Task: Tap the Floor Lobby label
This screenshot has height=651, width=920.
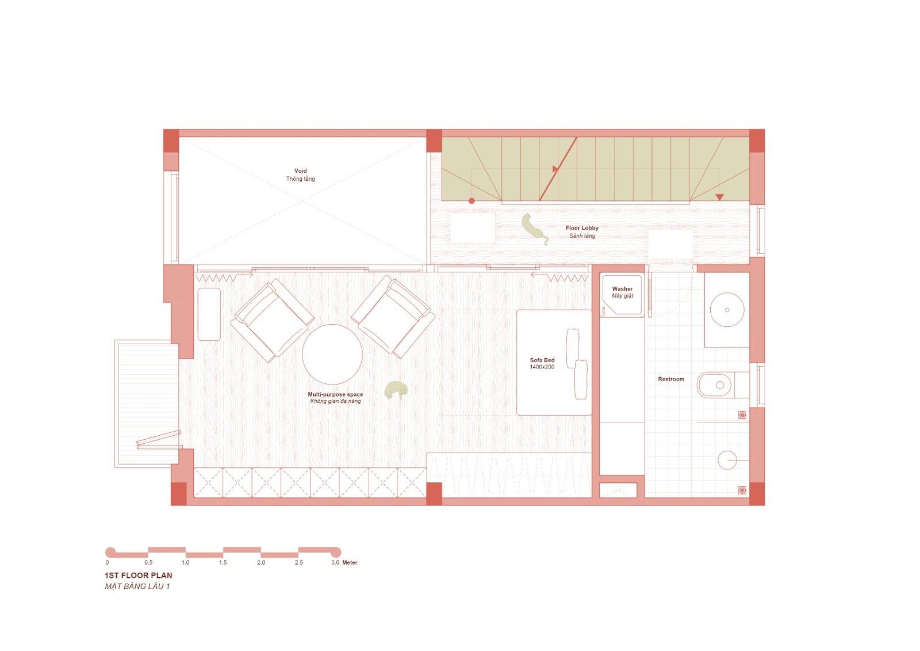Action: point(582,229)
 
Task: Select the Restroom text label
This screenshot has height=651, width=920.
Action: point(671,379)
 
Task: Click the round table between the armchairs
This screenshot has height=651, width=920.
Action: point(332,355)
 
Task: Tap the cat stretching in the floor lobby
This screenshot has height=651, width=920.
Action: point(535,229)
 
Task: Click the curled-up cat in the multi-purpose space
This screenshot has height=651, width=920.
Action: point(396,390)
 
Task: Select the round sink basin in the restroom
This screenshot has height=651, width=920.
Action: point(727,310)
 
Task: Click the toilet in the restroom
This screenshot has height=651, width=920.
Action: point(723,385)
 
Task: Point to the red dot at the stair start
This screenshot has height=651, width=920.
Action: point(472,201)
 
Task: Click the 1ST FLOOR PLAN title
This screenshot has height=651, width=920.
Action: point(139,576)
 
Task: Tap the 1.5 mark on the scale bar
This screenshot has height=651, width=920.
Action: point(223,562)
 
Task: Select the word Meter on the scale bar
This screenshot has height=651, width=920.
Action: point(350,562)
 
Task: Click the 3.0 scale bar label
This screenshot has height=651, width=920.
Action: point(335,562)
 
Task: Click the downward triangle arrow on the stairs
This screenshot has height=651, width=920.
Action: point(719,197)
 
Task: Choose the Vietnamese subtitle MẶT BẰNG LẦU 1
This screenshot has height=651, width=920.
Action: point(137,587)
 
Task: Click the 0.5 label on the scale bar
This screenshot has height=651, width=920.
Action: point(148,562)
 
